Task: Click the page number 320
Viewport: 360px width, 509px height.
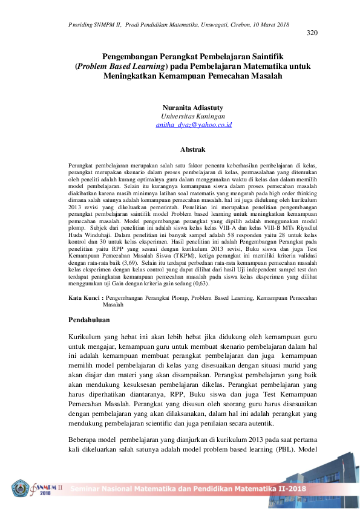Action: click(312, 33)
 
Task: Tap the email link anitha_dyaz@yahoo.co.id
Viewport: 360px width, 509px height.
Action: click(194, 125)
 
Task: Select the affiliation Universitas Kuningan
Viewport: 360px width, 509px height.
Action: click(193, 115)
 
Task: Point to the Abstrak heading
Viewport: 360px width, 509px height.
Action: click(193, 149)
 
